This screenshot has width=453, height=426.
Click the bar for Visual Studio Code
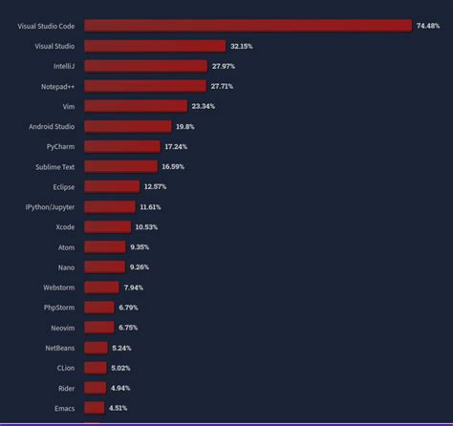pos(248,25)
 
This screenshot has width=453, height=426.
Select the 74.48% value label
pos(427,25)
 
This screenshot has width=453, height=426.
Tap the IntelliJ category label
pos(64,66)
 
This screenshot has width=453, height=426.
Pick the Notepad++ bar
pos(145,86)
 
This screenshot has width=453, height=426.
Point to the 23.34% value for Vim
pos(203,106)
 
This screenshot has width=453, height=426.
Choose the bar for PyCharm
pos(122,146)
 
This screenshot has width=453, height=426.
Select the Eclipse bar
pos(112,186)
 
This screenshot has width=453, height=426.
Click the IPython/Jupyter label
pos(51,206)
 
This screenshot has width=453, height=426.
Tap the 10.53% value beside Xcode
pos(145,226)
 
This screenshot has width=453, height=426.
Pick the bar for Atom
pos(105,246)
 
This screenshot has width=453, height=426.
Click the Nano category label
pos(66,266)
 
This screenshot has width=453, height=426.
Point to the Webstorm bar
pos(101,287)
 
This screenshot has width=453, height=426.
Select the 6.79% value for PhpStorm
pos(129,308)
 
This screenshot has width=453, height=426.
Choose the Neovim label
pos(63,328)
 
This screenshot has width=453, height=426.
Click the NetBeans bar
pos(96,348)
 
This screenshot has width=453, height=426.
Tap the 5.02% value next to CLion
pos(120,368)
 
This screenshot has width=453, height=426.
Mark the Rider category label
pos(66,388)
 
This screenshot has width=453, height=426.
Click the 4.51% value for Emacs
pos(118,408)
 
